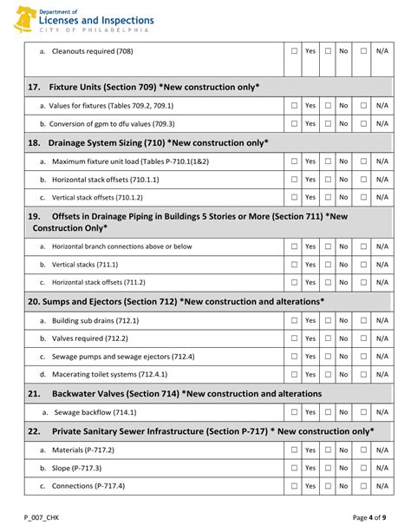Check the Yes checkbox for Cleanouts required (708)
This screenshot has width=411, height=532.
point(294,51)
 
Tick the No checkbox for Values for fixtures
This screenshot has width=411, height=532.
point(329,106)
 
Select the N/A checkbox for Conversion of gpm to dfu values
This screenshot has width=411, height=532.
point(363,124)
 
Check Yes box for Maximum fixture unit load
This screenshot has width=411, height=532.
point(294,161)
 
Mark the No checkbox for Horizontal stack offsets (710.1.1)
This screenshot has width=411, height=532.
point(329,180)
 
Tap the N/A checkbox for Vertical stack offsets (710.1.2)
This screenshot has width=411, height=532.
point(363,197)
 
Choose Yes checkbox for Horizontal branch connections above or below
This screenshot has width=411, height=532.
point(294,246)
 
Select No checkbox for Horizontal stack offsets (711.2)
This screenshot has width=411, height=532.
point(329,282)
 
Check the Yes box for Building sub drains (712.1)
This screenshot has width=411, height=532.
point(294,320)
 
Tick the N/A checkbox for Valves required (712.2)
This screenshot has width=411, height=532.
point(363,338)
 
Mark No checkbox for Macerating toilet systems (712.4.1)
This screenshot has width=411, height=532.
point(329,374)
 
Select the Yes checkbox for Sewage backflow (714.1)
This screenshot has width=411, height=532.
point(294,412)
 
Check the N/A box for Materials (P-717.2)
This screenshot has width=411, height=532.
point(363,450)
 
